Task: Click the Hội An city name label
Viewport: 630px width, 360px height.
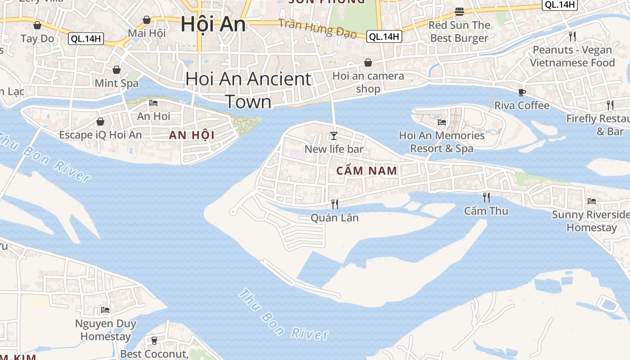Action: click(213, 24)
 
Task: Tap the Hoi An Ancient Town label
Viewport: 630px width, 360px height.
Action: click(248, 90)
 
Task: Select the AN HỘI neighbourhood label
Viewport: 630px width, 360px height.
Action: click(192, 135)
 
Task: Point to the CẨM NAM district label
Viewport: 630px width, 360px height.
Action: click(367, 171)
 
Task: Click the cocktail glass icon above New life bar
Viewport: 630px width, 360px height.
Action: click(333, 136)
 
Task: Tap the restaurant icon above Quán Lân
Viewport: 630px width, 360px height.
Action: click(334, 204)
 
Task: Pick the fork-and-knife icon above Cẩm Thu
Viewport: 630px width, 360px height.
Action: click(486, 197)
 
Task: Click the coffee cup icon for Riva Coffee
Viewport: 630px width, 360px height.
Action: click(522, 93)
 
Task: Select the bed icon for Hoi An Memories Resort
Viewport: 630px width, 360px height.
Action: click(441, 122)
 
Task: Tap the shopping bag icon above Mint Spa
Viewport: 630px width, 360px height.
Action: click(117, 70)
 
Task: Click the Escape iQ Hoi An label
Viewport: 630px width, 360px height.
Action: click(100, 135)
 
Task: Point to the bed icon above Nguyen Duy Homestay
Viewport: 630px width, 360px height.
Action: click(105, 310)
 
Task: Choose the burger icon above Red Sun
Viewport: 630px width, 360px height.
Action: click(459, 12)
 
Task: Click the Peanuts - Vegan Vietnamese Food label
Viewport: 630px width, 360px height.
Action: click(572, 56)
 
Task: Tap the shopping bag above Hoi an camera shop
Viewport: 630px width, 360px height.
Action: click(368, 63)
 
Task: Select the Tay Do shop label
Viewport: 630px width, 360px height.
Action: click(37, 39)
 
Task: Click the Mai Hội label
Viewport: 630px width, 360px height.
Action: click(147, 33)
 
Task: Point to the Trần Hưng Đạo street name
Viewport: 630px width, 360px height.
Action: click(318, 28)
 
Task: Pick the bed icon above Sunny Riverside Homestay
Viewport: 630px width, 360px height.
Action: click(591, 201)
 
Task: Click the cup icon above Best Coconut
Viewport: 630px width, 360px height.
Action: click(154, 340)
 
